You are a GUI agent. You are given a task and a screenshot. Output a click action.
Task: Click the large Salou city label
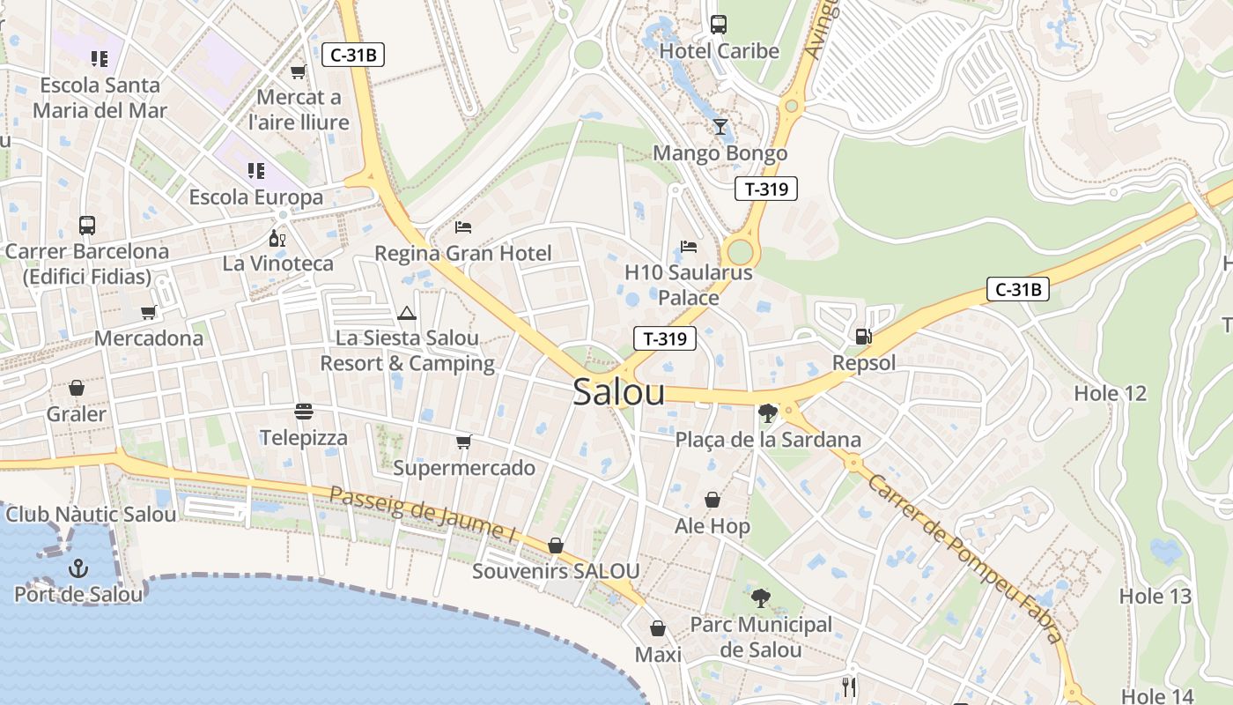618,392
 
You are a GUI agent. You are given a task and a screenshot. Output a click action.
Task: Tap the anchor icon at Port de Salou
79,568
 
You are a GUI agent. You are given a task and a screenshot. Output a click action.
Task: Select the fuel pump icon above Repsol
864,336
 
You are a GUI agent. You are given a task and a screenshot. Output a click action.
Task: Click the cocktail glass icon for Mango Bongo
720,127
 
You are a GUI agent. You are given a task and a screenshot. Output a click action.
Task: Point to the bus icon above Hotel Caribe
719,25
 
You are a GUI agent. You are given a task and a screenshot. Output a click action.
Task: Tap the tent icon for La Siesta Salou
406,313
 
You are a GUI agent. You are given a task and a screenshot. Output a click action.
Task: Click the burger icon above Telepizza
304,412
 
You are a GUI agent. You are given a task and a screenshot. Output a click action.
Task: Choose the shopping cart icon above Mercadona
149,312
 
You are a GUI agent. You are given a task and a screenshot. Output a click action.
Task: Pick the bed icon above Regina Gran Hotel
463,227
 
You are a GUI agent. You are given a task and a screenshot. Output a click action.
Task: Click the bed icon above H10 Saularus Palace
689,247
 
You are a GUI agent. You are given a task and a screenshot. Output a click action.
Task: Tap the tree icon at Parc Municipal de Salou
760,598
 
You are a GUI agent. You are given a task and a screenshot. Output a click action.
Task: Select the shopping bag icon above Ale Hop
712,501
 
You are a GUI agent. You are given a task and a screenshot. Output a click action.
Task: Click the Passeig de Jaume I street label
422,513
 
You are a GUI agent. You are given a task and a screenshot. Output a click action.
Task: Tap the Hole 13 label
1155,597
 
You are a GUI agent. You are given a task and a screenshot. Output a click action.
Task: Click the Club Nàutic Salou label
91,515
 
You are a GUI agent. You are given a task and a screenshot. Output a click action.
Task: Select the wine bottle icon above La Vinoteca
277,238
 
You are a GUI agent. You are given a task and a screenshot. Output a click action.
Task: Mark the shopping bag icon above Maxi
658,629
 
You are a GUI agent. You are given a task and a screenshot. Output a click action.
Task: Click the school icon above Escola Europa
255,170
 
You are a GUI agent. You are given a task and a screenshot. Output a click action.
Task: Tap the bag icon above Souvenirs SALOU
555,545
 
